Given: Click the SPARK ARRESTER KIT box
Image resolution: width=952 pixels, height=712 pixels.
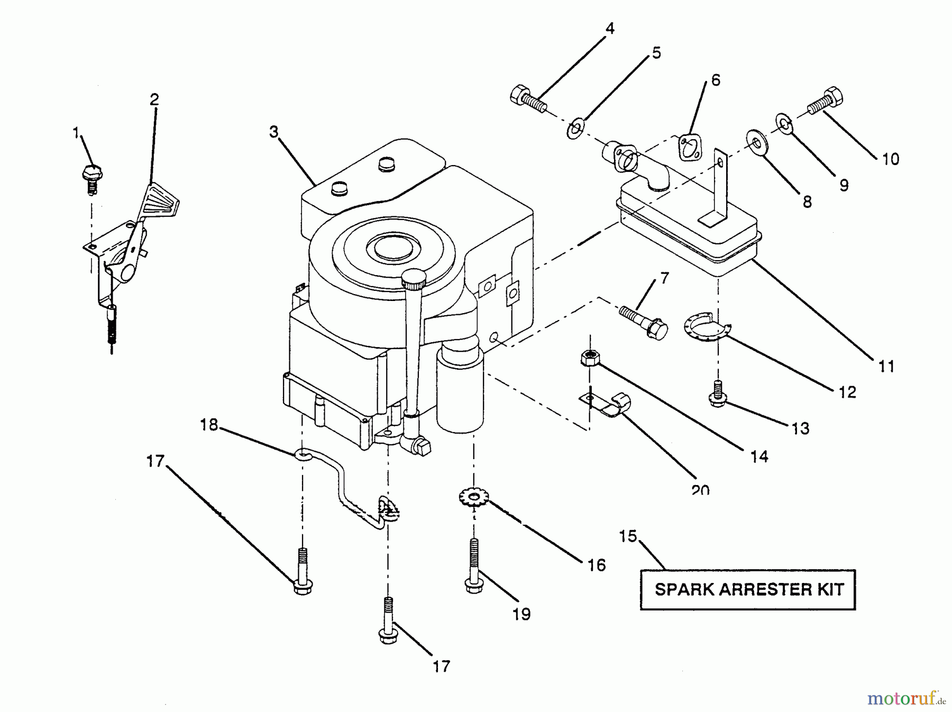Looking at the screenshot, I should tap(747, 589).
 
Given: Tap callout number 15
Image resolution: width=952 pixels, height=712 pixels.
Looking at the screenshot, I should tap(628, 536).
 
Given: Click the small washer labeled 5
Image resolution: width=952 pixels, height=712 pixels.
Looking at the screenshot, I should tap(575, 129).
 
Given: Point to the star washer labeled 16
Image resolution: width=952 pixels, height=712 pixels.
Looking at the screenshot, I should tap(474, 497).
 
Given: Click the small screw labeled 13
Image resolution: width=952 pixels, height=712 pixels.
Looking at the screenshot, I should tap(717, 395).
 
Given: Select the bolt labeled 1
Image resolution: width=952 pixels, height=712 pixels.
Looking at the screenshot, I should tap(93, 176).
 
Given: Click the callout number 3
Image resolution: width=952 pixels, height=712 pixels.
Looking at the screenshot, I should tap(273, 132).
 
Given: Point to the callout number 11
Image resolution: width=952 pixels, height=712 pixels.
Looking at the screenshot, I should tap(886, 366).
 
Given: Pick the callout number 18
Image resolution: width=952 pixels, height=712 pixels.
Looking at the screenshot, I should tap(209, 424).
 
